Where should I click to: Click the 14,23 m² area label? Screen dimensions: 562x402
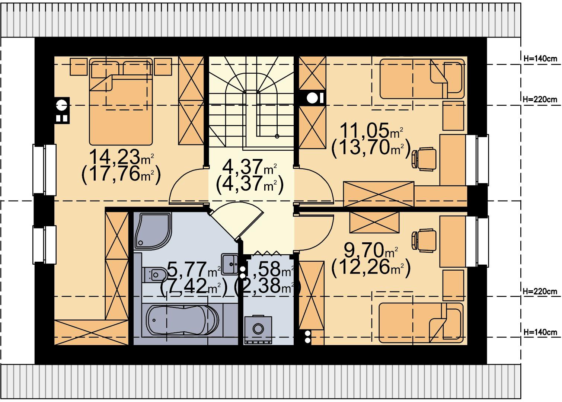(x=121, y=157)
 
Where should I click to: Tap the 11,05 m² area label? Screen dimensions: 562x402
(x=371, y=131)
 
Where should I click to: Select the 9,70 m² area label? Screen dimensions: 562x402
(x=371, y=250)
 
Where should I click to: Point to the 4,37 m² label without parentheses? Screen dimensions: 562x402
(x=249, y=167)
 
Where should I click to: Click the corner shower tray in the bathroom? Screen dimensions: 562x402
(x=153, y=231)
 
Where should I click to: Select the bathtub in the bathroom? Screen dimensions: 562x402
(x=182, y=320)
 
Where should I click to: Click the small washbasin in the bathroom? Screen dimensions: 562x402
(x=230, y=264)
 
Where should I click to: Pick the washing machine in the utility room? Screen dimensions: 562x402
(x=258, y=329)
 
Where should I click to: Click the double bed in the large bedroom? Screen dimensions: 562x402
(x=121, y=102)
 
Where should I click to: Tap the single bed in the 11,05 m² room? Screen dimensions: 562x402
(x=422, y=79)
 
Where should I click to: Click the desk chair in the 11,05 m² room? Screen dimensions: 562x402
(x=424, y=159)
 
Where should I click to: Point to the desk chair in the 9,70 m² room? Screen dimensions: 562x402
(x=424, y=240)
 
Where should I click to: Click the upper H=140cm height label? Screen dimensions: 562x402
(x=540, y=59)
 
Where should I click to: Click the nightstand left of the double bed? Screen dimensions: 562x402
(x=79, y=67)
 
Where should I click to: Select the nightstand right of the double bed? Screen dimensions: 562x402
(x=163, y=67)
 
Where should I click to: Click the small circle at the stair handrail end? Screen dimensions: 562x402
(x=277, y=136)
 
